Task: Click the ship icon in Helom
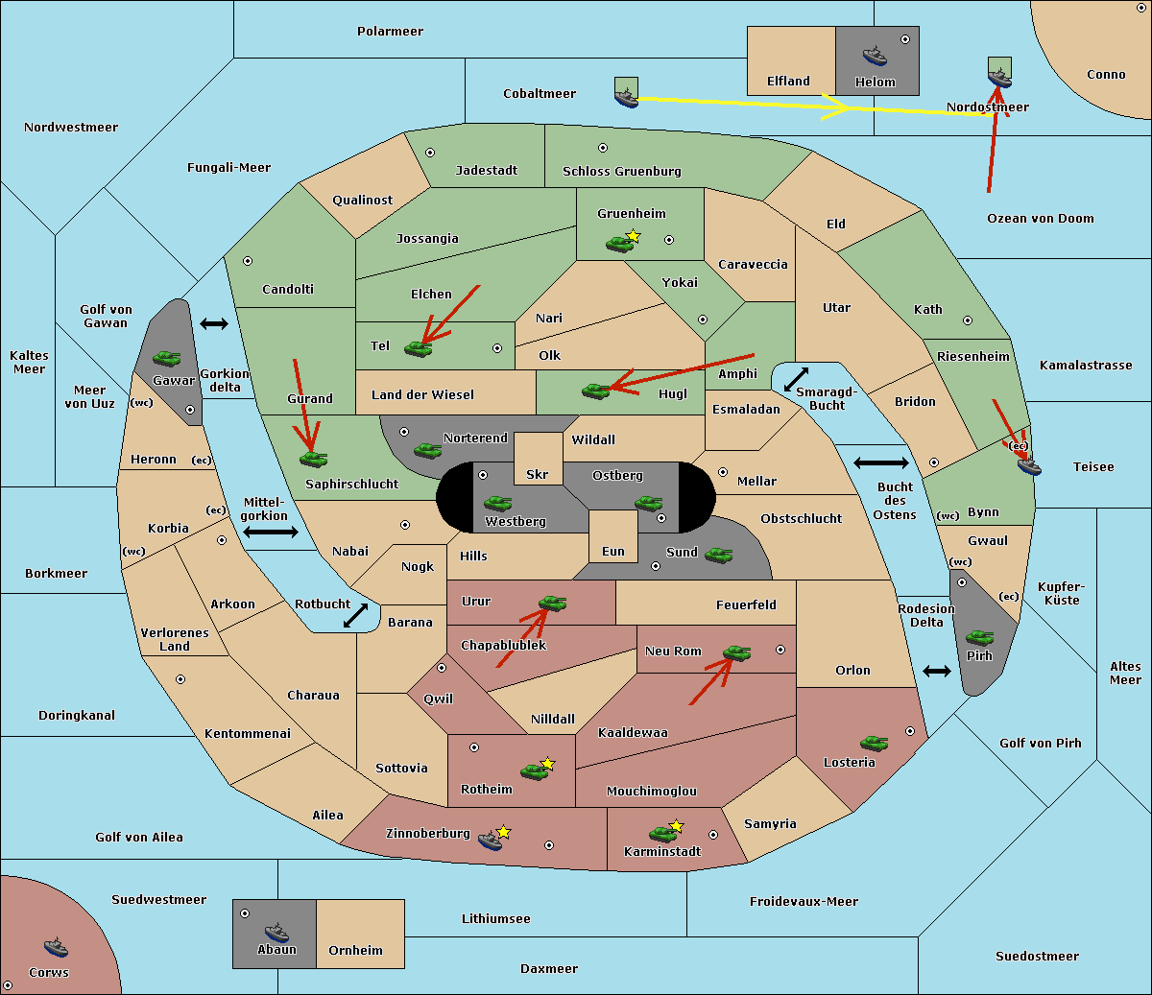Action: tap(875, 56)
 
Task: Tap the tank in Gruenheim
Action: tap(619, 244)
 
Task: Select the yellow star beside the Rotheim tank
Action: tap(547, 763)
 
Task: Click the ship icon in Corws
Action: tap(56, 947)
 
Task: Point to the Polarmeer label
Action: tap(390, 32)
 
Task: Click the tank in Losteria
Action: tap(874, 743)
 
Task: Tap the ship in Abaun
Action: tap(276, 933)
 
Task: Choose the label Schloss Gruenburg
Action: tap(622, 171)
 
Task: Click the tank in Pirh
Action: tap(979, 637)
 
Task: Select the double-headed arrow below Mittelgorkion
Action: tap(271, 532)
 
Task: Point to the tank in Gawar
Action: tap(166, 358)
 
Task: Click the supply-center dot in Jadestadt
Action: tap(430, 153)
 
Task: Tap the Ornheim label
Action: tap(355, 950)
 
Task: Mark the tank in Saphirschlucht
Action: tap(313, 459)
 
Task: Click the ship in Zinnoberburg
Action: tap(491, 840)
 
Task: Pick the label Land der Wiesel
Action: tap(422, 395)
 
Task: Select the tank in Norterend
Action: tap(427, 451)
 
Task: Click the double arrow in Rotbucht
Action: tap(355, 616)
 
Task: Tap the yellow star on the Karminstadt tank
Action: tap(676, 825)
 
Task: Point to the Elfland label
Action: tap(788, 82)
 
